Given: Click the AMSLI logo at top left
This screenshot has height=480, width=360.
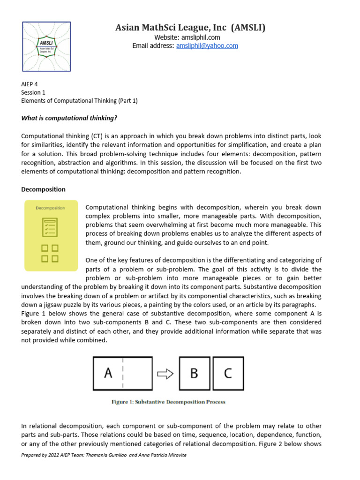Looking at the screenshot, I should pos(47,46).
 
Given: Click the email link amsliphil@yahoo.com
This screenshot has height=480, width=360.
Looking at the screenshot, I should pos(207,46).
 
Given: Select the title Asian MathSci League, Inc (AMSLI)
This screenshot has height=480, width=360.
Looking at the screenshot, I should pos(190,28).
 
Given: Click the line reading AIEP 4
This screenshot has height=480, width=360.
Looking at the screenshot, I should pos(30,84).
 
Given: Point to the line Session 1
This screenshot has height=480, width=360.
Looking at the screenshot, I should pos(34,92).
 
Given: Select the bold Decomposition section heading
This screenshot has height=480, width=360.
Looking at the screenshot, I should pos(43,189).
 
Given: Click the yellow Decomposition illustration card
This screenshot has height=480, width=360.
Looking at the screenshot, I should pos(50,235).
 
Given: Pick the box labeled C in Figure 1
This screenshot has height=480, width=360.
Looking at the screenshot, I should pos(228,373).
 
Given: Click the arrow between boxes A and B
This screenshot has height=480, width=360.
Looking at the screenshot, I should pos(165,374).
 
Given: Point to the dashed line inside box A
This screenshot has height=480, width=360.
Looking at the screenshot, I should pos(123,373).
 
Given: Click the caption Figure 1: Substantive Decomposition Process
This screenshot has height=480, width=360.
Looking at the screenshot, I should pos(168,402).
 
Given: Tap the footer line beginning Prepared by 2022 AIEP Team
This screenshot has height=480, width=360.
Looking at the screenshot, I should pos(104,455).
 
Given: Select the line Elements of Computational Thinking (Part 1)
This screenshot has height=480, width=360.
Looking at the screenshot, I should pos(79,101).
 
